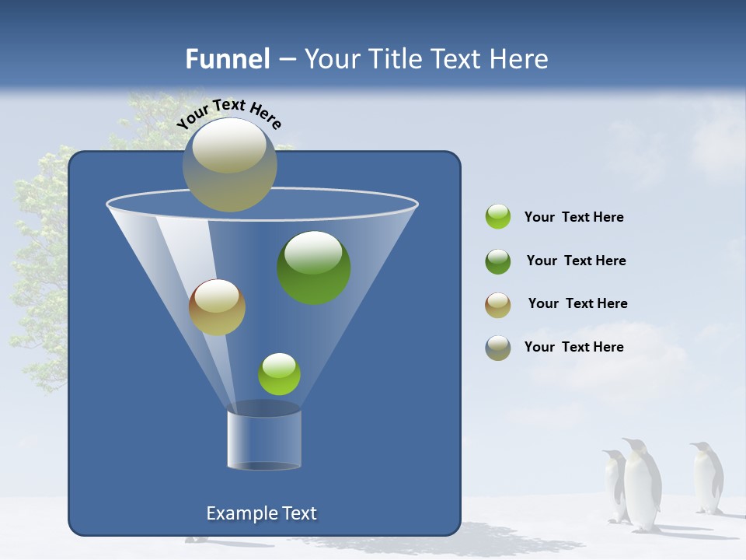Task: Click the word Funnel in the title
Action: pyautogui.click(x=227, y=59)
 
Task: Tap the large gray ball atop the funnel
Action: pyautogui.click(x=229, y=165)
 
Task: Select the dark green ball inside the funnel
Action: pyautogui.click(x=313, y=267)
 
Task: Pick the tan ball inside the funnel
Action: pyautogui.click(x=217, y=307)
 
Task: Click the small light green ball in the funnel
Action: pyautogui.click(x=279, y=374)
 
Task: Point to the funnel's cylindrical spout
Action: pyautogui.click(x=263, y=439)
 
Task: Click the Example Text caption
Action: pyautogui.click(x=261, y=513)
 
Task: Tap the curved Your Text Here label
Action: pyautogui.click(x=228, y=114)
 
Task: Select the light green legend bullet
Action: pyautogui.click(x=498, y=217)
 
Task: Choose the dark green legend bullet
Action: pyautogui.click(x=498, y=261)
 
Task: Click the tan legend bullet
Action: pyautogui.click(x=498, y=305)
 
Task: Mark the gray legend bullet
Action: pyautogui.click(x=498, y=348)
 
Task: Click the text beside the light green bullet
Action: pyautogui.click(x=573, y=217)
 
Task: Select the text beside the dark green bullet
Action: pyautogui.click(x=576, y=261)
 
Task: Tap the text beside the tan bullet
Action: pyautogui.click(x=577, y=303)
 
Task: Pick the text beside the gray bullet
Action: pyautogui.click(x=573, y=347)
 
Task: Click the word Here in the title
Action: pyautogui.click(x=520, y=59)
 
